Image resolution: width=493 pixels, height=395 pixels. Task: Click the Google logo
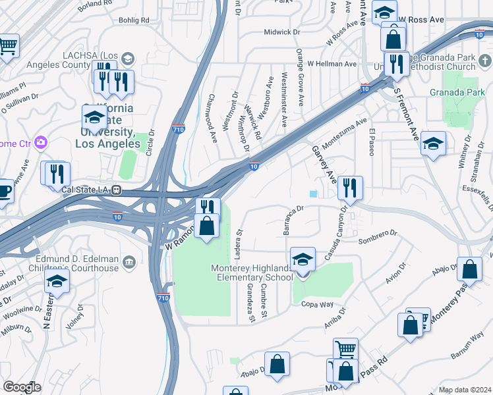[x=22, y=386]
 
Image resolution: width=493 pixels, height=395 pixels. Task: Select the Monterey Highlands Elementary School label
[x=251, y=273]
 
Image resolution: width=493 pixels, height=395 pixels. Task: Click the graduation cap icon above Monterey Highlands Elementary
[x=303, y=259]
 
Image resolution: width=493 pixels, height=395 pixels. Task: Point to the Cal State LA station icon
[x=117, y=190]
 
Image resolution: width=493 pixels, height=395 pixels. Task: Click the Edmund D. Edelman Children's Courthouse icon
[x=129, y=263]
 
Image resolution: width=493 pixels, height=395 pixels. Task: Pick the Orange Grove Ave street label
[x=300, y=77]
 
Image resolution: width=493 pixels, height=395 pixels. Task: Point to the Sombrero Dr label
[x=378, y=236]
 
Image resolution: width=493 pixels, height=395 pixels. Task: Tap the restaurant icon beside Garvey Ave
[x=350, y=188]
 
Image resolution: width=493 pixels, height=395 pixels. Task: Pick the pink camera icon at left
[x=41, y=142]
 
